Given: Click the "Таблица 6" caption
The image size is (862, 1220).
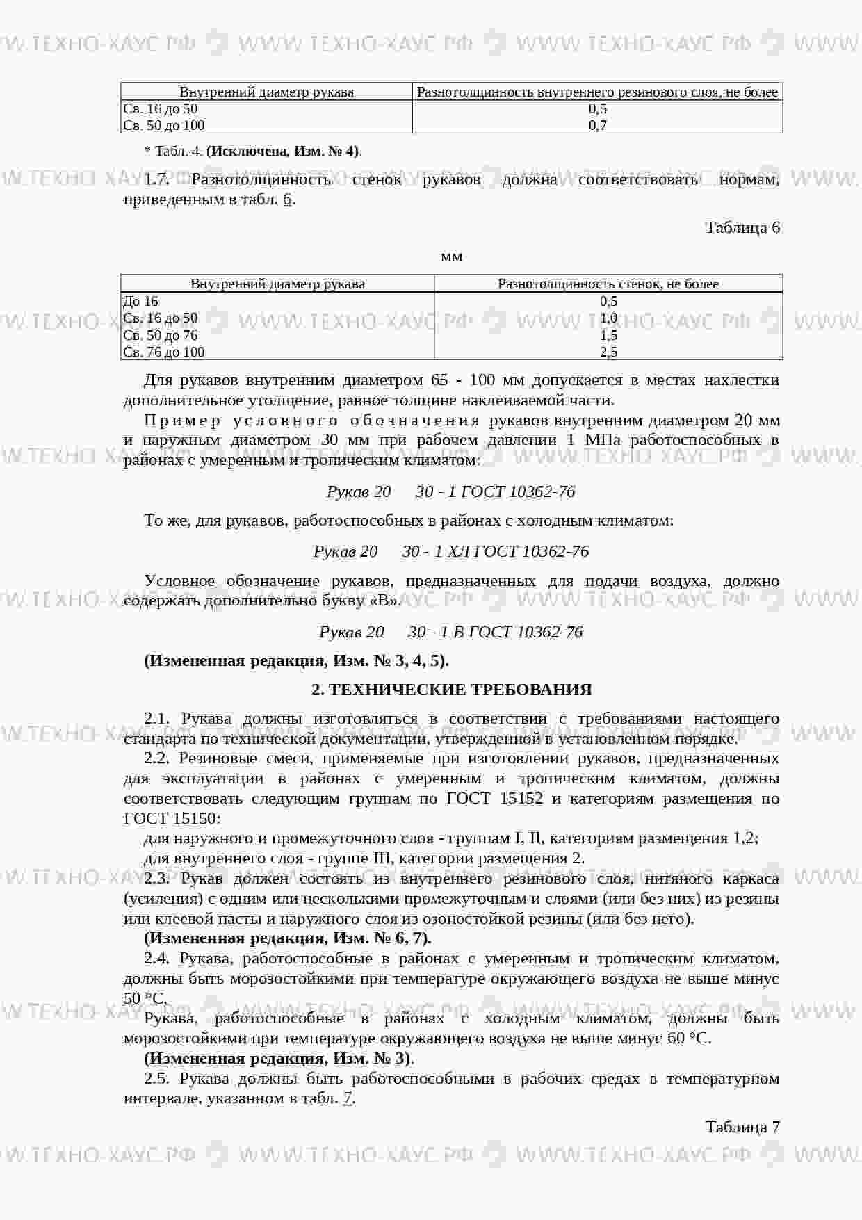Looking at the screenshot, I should [x=742, y=228].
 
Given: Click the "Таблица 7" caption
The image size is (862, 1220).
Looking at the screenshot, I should [x=742, y=1127].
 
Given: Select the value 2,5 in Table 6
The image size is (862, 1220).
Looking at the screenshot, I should [x=608, y=352].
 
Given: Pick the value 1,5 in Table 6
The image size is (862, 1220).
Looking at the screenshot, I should [x=608, y=335].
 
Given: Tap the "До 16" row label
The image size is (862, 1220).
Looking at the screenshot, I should [x=140, y=301].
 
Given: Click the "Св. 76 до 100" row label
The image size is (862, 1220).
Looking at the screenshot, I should [x=164, y=352].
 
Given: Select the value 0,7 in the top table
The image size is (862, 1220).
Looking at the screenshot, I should [x=598, y=125].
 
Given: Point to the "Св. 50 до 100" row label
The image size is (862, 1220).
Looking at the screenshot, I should [x=164, y=125].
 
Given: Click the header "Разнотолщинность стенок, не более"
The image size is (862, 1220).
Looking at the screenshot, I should [x=608, y=284].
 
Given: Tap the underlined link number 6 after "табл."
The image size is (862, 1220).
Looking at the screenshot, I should [x=287, y=200].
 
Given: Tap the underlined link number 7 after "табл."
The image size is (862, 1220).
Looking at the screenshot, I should [x=348, y=1098].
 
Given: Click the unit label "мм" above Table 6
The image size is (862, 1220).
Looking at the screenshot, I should [x=452, y=257].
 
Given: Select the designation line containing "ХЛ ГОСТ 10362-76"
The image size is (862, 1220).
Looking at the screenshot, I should [x=451, y=551].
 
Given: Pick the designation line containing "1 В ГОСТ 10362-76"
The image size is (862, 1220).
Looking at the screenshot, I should [x=451, y=632].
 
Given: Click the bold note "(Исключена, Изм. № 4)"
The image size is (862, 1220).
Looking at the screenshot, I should [x=284, y=151].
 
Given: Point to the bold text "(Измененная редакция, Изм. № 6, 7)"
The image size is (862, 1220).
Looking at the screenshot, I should [x=287, y=938].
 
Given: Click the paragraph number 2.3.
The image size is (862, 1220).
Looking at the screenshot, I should [x=157, y=879].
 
